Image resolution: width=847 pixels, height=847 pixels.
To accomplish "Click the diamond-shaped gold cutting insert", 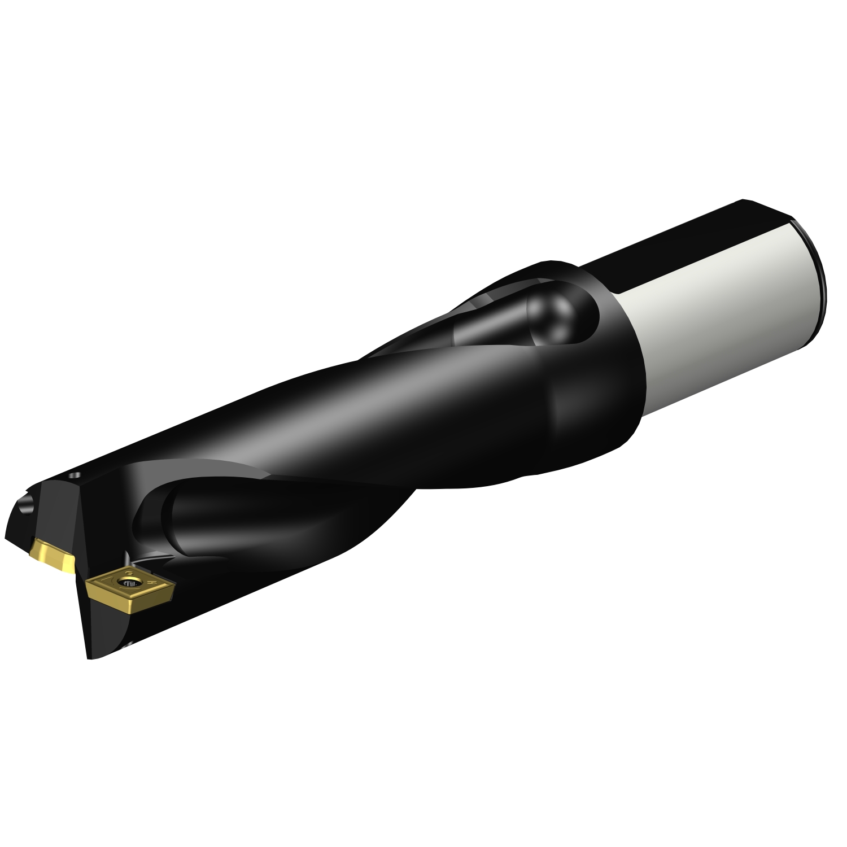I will click(x=131, y=592).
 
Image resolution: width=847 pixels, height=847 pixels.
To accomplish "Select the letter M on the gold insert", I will click(x=151, y=583).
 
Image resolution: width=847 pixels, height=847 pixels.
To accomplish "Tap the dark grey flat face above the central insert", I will click(x=62, y=511).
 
